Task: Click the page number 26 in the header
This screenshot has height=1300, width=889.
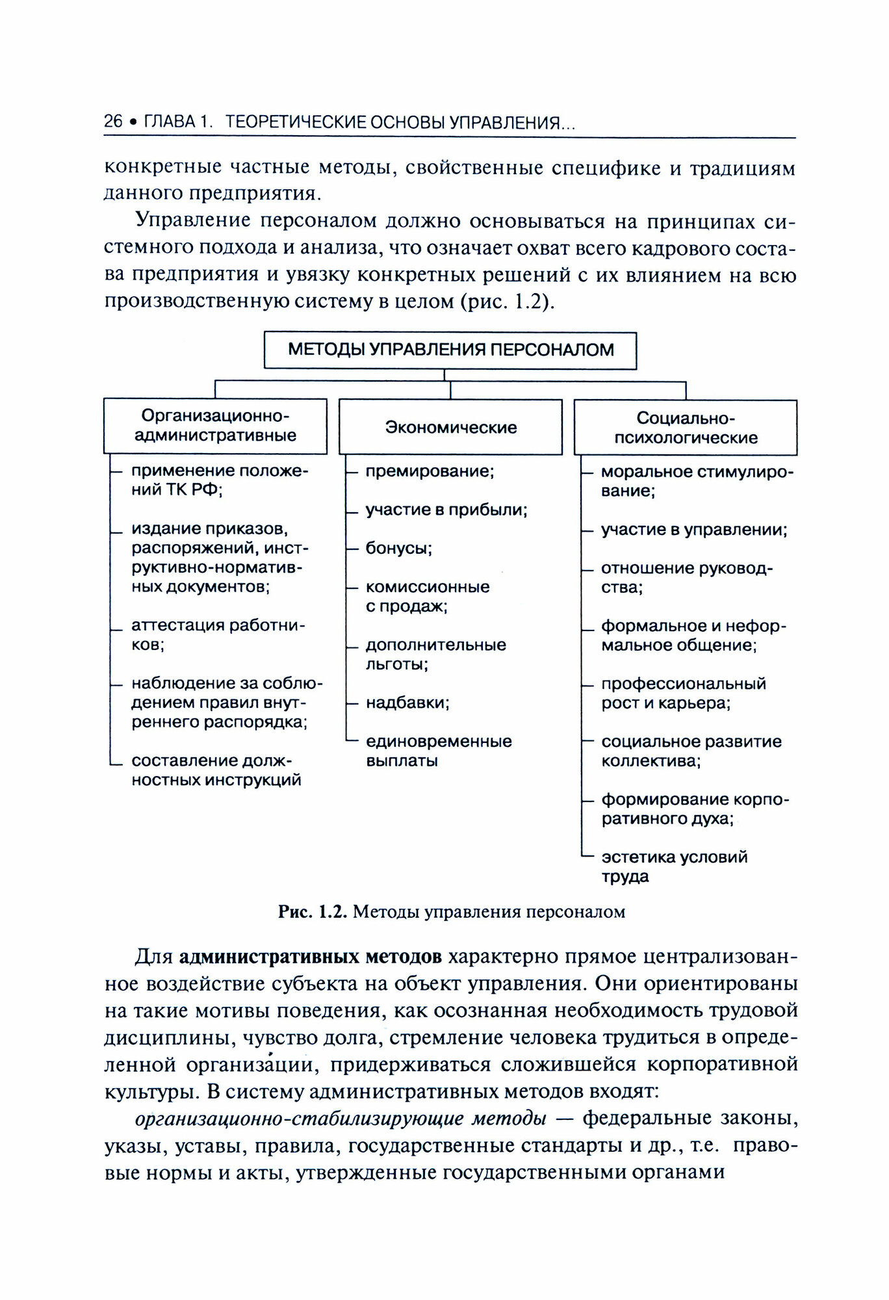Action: tap(113, 122)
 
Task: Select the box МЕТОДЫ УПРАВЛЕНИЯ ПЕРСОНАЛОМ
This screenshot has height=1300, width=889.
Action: tap(450, 350)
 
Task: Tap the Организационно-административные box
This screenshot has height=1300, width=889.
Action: tap(215, 426)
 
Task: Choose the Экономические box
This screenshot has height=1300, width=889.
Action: tap(450, 427)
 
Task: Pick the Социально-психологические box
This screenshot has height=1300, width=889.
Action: tap(686, 427)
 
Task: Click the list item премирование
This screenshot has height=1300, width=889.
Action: tap(430, 471)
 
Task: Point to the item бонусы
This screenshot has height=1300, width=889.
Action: tap(399, 548)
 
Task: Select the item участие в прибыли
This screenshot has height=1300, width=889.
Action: tap(446, 510)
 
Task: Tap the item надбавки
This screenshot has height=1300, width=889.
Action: tap(407, 703)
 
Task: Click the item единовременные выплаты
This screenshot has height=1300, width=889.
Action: tap(439, 751)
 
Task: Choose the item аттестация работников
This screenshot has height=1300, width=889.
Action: tap(218, 635)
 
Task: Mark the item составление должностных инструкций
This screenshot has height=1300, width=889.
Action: tap(216, 770)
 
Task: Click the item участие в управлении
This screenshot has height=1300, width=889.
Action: tap(693, 530)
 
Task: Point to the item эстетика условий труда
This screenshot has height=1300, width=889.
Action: tap(674, 866)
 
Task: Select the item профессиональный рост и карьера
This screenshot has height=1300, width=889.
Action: tap(683, 694)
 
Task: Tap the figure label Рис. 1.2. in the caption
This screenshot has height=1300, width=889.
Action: tap(314, 912)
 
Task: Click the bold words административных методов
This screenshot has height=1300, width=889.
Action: tap(310, 957)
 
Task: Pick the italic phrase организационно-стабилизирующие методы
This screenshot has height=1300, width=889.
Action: tap(340, 1119)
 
